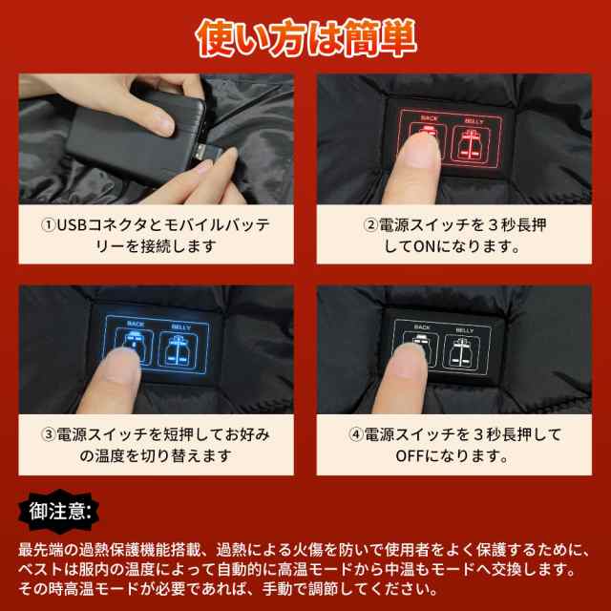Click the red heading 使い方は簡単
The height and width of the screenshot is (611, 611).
click(305, 35)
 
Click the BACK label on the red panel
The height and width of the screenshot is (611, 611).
click(429, 120)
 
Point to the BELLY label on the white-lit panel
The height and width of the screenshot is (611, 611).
click(465, 328)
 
